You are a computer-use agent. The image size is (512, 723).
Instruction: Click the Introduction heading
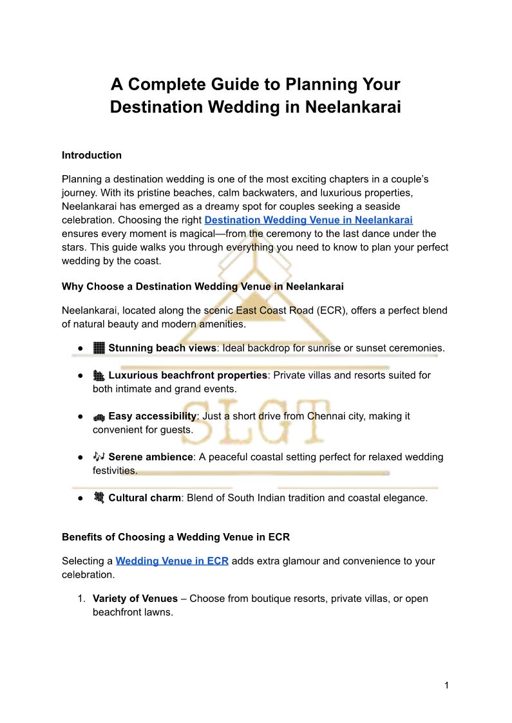coord(91,155)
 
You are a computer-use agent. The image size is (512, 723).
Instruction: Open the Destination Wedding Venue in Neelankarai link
coord(308,220)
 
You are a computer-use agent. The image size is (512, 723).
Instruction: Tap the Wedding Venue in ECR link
coord(172,561)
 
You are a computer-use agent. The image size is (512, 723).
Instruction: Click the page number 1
coord(446,685)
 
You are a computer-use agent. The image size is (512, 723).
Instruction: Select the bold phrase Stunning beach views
coord(162,348)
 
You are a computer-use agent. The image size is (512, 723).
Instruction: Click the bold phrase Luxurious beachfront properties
coord(187,375)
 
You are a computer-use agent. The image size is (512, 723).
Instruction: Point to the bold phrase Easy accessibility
coord(152,416)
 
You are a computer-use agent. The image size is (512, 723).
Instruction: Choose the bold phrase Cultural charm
coord(144,498)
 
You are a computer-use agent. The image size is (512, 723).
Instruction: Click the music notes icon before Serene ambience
coord(99,456)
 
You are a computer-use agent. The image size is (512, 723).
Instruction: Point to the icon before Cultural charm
coord(99,497)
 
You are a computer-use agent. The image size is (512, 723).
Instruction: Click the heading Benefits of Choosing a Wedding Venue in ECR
coord(176,537)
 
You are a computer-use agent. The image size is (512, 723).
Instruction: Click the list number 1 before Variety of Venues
coord(81,598)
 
